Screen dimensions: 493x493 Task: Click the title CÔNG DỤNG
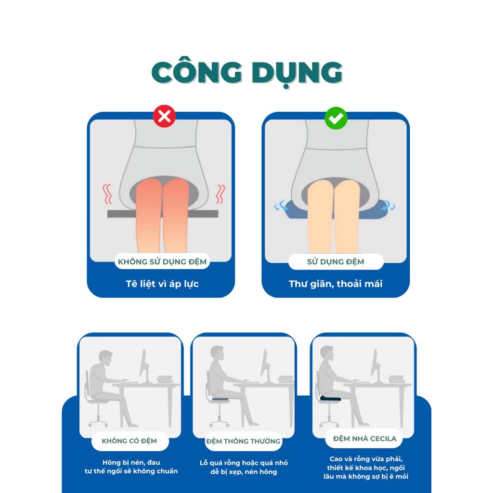(247, 72)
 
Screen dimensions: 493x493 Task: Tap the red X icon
(164, 117)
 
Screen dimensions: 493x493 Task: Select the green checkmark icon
(336, 118)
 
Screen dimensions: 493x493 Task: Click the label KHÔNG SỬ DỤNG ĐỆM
(162, 261)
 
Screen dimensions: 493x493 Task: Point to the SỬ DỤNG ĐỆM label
(336, 261)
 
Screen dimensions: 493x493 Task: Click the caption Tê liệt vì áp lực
(162, 284)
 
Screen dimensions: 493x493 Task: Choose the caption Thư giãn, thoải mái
(336, 284)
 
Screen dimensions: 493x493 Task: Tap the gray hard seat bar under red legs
(163, 214)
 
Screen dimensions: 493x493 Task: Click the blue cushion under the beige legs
(335, 209)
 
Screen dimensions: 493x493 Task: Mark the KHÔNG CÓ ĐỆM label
(129, 441)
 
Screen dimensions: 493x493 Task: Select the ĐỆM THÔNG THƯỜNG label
(243, 441)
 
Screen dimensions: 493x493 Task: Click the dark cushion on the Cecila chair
(330, 398)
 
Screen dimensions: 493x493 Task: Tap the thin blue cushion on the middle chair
(221, 399)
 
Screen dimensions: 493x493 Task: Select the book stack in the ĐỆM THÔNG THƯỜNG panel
(286, 379)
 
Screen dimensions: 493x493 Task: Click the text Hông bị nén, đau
(131, 462)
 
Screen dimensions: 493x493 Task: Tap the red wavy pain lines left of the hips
(107, 194)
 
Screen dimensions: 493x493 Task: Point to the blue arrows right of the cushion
(389, 205)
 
